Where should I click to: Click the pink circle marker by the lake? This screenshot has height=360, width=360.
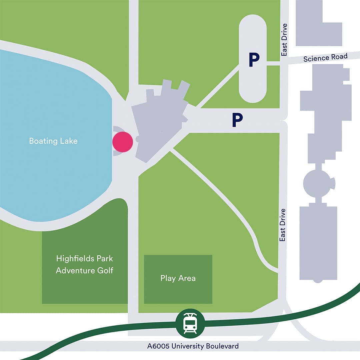tap(123, 142)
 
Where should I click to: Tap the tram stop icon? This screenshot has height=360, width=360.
tap(190, 323)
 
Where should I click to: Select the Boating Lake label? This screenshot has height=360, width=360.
tap(53, 141)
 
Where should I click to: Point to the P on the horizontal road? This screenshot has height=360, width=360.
tap(237, 120)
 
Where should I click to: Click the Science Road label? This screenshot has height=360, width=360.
tap(325, 58)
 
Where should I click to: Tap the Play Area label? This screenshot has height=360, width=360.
tap(178, 278)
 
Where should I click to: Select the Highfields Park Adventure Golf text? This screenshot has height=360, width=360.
tap(85, 264)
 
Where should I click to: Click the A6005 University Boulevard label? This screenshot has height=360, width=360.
tap(193, 346)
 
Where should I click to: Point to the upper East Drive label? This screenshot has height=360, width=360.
tap(284, 40)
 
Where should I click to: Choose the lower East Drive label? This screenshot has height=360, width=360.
tap(283, 225)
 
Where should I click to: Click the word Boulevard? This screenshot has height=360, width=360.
tap(222, 346)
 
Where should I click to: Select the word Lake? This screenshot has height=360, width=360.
tap(69, 141)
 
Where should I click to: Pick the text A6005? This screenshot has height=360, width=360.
tap(158, 346)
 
